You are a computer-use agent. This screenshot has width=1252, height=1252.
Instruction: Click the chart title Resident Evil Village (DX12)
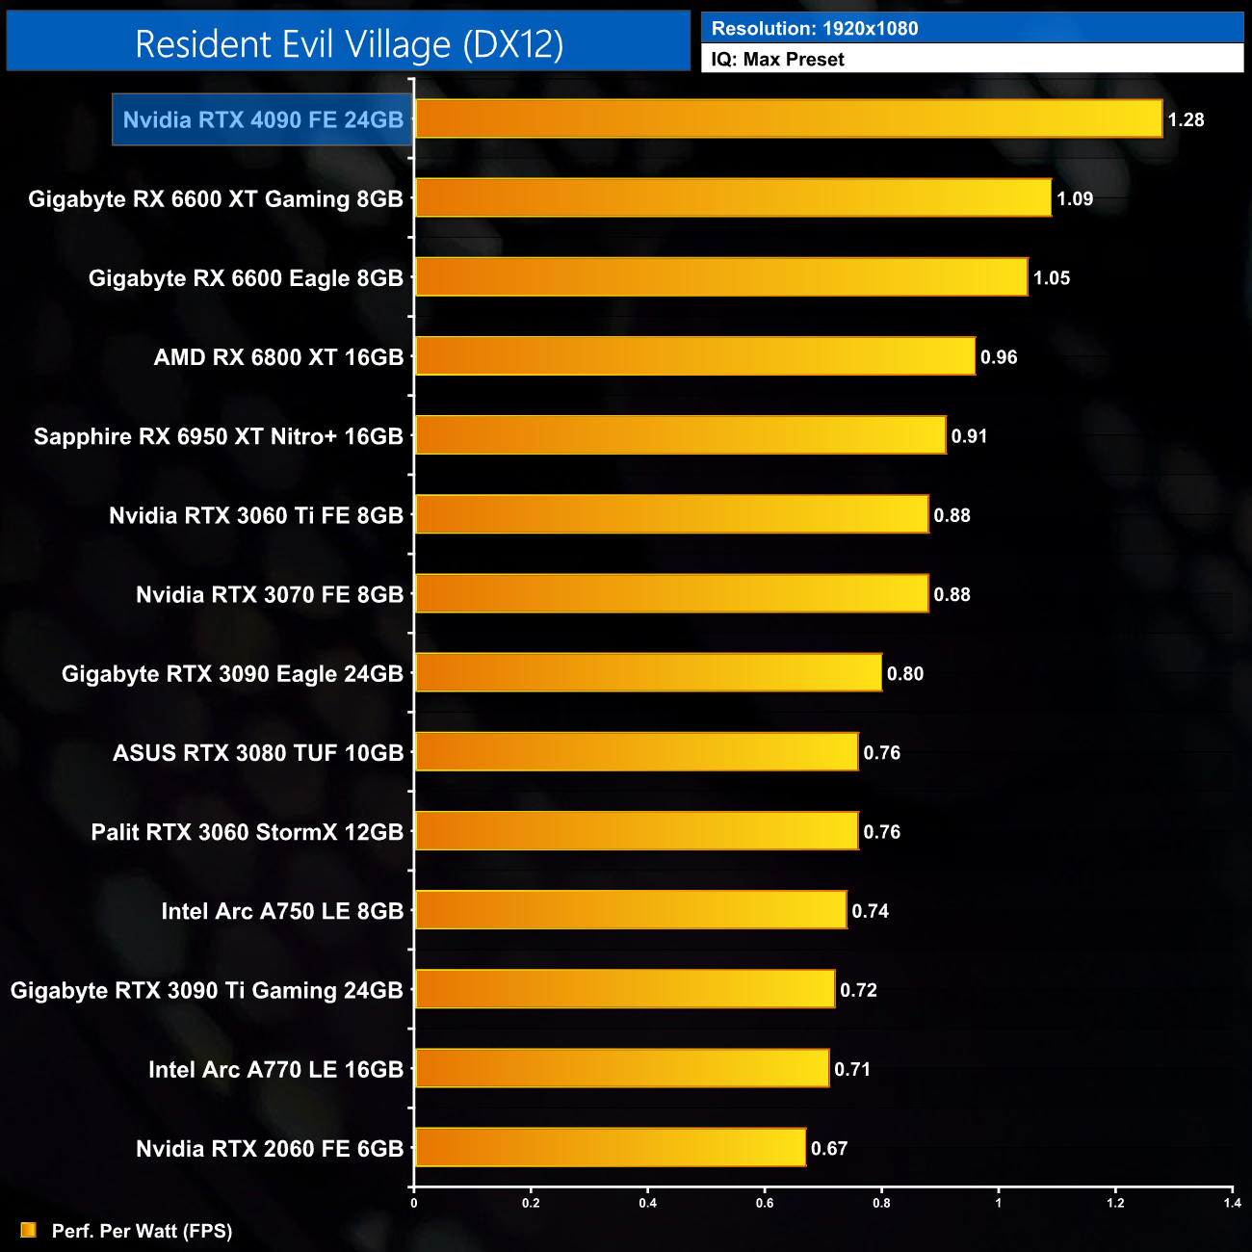349,44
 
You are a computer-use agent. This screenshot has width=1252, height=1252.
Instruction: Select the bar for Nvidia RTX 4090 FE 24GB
788,119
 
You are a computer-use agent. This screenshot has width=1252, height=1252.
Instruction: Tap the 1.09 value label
1075,199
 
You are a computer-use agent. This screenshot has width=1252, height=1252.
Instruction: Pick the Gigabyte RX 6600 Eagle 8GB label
246,278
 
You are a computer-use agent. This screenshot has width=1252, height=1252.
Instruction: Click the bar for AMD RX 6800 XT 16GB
694,356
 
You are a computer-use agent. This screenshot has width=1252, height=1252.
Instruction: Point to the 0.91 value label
969,436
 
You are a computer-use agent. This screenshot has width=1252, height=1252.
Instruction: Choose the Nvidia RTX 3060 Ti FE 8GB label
256,515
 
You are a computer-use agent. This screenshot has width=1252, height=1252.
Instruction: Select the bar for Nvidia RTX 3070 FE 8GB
671,594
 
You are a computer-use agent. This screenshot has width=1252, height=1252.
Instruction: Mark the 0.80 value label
905,674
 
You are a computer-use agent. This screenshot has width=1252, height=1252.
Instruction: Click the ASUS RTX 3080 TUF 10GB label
258,753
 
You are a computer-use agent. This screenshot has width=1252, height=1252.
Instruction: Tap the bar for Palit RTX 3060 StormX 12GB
636,831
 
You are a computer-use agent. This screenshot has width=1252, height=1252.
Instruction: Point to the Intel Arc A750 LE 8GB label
282,911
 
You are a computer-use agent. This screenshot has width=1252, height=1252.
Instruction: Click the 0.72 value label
858,990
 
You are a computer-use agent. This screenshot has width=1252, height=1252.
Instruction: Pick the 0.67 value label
829,1148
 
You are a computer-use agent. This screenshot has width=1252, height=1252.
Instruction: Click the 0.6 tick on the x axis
765,1203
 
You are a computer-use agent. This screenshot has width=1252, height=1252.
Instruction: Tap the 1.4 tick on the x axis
1232,1203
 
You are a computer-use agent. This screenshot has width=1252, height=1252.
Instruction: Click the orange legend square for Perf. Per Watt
28,1231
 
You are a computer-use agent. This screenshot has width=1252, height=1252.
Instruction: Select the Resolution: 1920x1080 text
815,29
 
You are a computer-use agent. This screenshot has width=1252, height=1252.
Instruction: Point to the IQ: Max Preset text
777,60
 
